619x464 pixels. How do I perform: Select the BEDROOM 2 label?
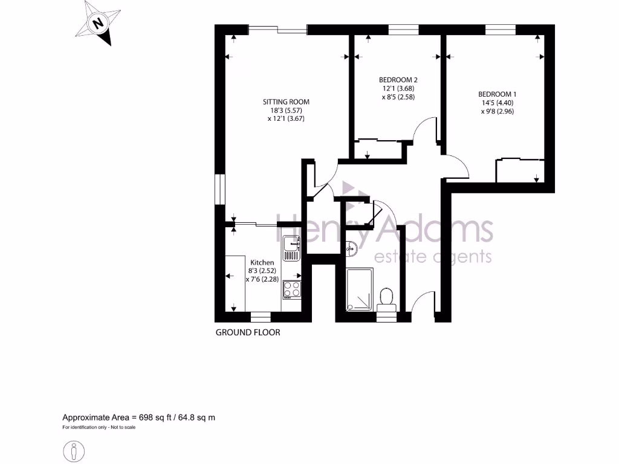[398, 80]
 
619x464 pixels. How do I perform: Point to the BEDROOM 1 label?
[497, 94]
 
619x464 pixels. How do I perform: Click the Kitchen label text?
[262, 262]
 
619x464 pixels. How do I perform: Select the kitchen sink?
[291, 247]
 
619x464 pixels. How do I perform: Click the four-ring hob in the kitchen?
[292, 289]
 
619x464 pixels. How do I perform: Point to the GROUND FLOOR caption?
[248, 332]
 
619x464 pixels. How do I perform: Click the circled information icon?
[74, 451]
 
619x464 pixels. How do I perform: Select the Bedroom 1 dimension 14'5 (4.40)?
[497, 103]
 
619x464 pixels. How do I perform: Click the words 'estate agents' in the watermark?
[433, 257]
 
